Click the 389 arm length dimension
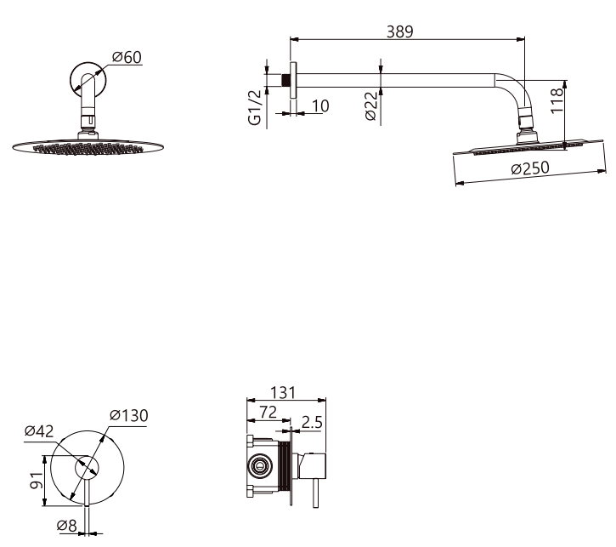pos(399,31)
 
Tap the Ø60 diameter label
pos(127,57)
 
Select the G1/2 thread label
pos(255,107)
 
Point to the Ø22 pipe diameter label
pos(370,105)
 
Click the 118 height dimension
pos(557,100)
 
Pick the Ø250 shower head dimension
pos(530,168)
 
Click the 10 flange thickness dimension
pos(320,105)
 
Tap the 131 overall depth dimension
pos(283,392)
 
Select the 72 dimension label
pos(268,412)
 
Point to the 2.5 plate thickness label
pos(312,422)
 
